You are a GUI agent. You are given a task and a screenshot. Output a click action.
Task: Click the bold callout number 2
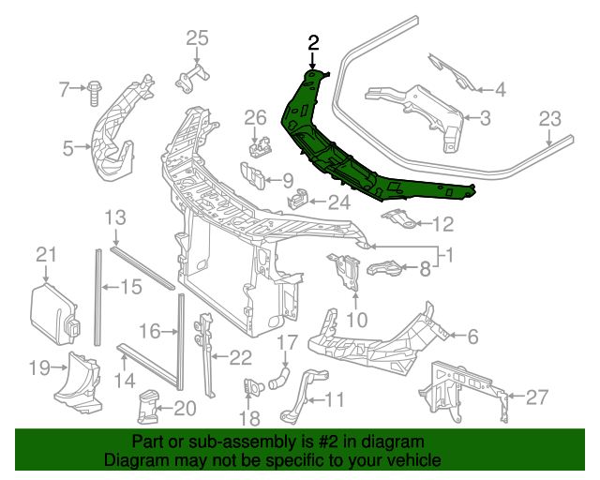(x=313, y=41)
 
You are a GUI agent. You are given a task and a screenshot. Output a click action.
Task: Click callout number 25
(x=197, y=37)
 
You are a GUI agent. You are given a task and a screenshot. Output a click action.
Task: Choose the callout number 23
(x=548, y=119)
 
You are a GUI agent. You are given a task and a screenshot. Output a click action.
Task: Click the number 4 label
(x=500, y=90)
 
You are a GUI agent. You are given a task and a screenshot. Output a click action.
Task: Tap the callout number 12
(x=442, y=224)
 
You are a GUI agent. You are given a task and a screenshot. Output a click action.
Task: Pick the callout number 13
(x=114, y=217)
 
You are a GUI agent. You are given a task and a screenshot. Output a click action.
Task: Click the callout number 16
(x=150, y=331)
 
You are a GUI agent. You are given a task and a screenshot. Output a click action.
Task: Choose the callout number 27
(x=536, y=397)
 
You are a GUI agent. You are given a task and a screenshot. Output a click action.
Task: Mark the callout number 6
(x=472, y=335)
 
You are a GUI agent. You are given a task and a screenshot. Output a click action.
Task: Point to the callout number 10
(x=356, y=320)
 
